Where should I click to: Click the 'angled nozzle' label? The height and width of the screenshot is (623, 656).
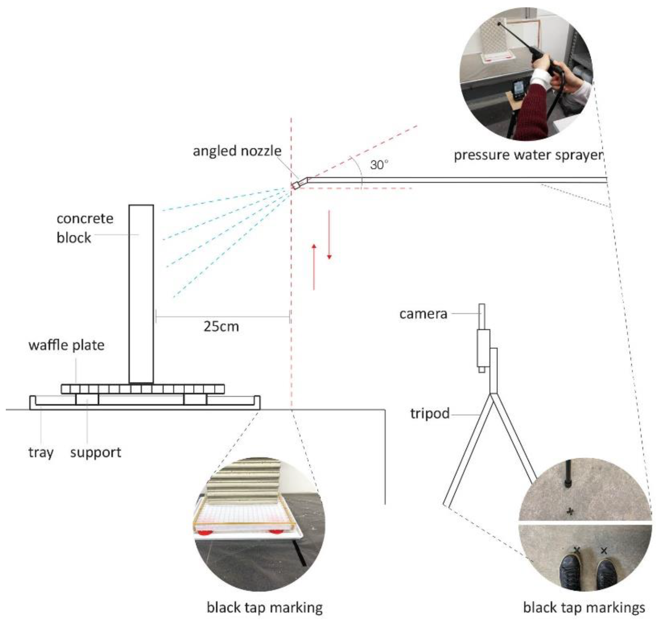(237, 151)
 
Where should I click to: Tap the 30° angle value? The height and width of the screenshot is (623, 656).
(379, 165)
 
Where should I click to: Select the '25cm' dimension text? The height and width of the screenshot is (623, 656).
(221, 326)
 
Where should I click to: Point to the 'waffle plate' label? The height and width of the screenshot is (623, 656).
(66, 345)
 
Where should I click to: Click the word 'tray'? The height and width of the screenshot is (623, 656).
(41, 452)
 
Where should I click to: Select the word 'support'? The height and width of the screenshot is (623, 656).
(96, 452)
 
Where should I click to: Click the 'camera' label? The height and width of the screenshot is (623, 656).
(423, 313)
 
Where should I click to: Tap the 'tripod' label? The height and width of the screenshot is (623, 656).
(430, 414)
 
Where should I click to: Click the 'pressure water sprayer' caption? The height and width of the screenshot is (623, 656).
(528, 155)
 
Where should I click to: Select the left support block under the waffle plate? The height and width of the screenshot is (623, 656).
(87, 399)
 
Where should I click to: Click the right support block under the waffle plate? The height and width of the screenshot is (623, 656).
(195, 399)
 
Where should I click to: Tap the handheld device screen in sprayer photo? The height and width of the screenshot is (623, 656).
(518, 89)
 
